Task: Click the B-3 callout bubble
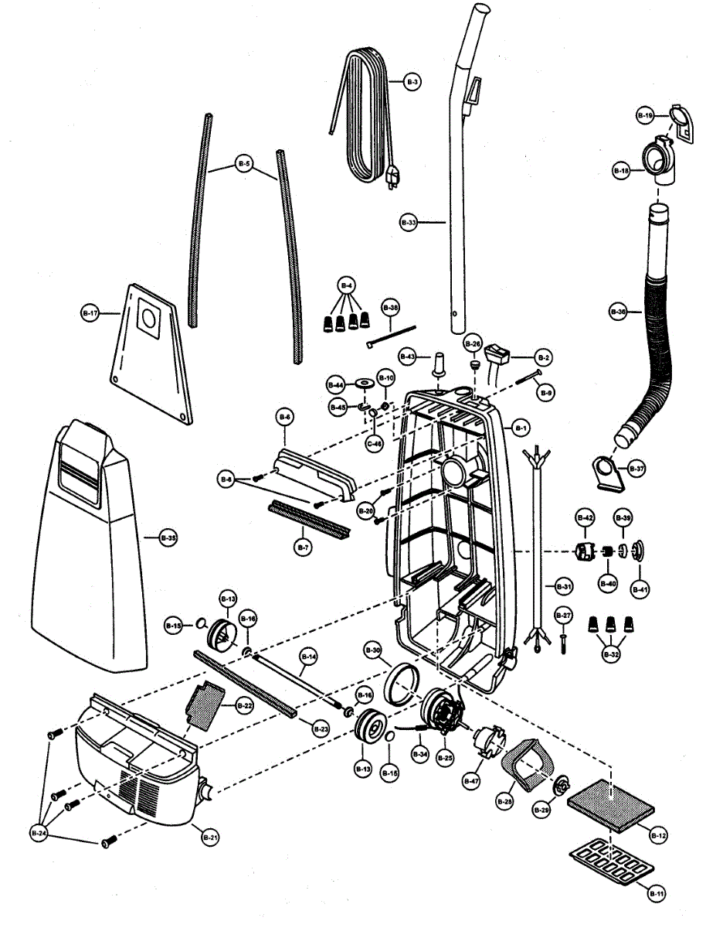[x=412, y=81]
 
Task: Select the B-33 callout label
[x=409, y=222]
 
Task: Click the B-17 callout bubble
[x=90, y=313]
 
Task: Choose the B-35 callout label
[x=168, y=537]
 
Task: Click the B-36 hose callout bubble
[x=618, y=312]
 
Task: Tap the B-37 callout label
[x=636, y=469]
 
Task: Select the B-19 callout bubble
[x=645, y=115]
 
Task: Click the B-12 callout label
[x=659, y=836]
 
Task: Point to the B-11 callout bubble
[x=657, y=894]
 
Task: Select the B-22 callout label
[x=244, y=705]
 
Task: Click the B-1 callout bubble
[x=520, y=428]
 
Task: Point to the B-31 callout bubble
[x=565, y=587]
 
